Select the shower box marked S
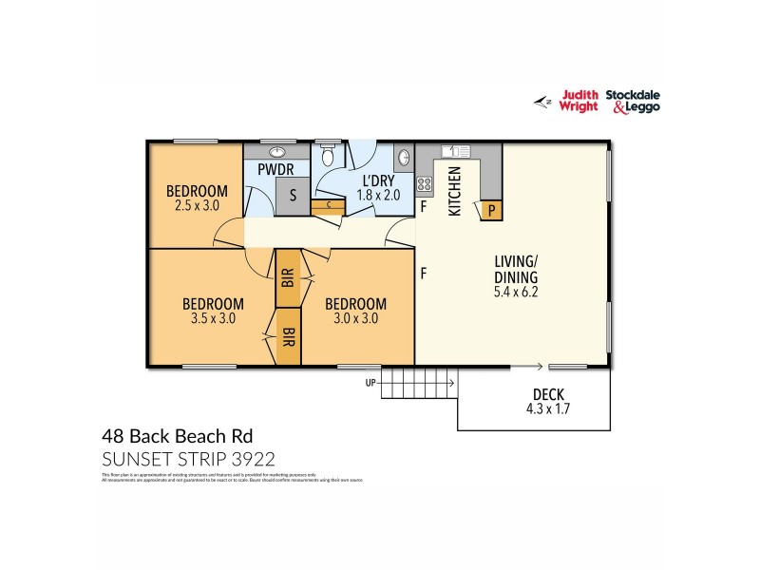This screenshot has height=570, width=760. pyautogui.click(x=293, y=196)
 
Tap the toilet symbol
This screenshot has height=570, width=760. pyautogui.click(x=328, y=154)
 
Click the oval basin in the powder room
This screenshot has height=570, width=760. pyautogui.click(x=278, y=151)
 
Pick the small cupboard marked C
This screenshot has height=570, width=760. pyautogui.click(x=328, y=203)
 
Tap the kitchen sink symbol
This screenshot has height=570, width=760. pyautogui.click(x=457, y=150)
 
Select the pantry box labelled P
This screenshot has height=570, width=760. pyautogui.click(x=491, y=210)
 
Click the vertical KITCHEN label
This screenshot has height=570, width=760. pyautogui.click(x=455, y=191)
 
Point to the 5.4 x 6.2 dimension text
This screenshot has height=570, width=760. pyautogui.click(x=517, y=292)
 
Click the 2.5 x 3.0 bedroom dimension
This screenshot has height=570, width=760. pyautogui.click(x=197, y=203)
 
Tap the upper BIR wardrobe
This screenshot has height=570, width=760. pyautogui.click(x=288, y=278)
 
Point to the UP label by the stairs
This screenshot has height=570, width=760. pyautogui.click(x=370, y=383)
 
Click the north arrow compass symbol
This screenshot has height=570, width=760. pyautogui.click(x=544, y=101)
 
